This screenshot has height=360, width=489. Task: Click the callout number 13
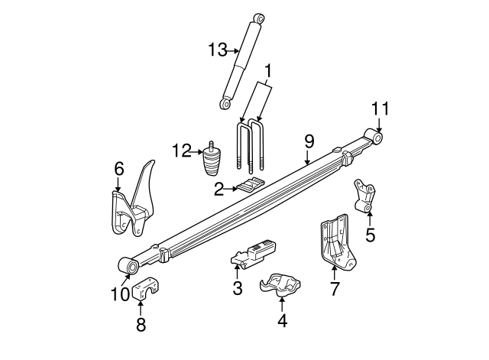[217, 50]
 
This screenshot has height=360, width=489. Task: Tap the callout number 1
[267, 72]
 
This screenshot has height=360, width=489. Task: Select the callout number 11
[380, 108]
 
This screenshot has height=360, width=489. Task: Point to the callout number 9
[309, 141]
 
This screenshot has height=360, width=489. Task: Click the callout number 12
[180, 151]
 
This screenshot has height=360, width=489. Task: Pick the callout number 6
[118, 168]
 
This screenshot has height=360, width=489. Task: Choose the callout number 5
[370, 235]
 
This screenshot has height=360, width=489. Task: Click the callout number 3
[237, 288]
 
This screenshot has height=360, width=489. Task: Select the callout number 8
[140, 324]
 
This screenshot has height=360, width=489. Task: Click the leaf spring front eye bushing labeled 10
[129, 266]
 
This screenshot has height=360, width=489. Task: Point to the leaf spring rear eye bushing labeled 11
[374, 137]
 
